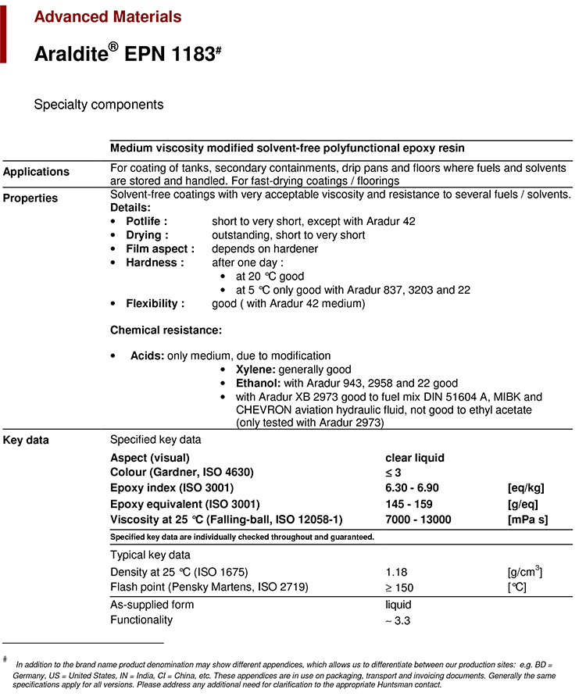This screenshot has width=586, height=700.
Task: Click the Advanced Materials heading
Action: [108, 16]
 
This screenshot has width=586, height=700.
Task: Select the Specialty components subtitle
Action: [98, 104]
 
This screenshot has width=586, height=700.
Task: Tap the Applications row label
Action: [36, 172]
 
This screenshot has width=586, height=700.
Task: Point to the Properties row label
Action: [30, 198]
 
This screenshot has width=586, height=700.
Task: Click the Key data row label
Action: [26, 441]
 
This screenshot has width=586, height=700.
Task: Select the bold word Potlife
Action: [146, 222]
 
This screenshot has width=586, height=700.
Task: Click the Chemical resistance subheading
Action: [166, 330]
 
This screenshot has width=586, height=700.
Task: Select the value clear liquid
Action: [415, 458]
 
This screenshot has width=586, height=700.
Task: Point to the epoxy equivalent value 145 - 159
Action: [409, 504]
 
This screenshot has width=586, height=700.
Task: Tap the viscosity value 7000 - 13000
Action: [418, 520]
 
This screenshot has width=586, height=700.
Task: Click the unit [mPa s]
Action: [527, 520]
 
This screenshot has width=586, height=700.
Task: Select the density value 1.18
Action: [397, 573]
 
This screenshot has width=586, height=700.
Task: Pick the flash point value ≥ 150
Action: [400, 587]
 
